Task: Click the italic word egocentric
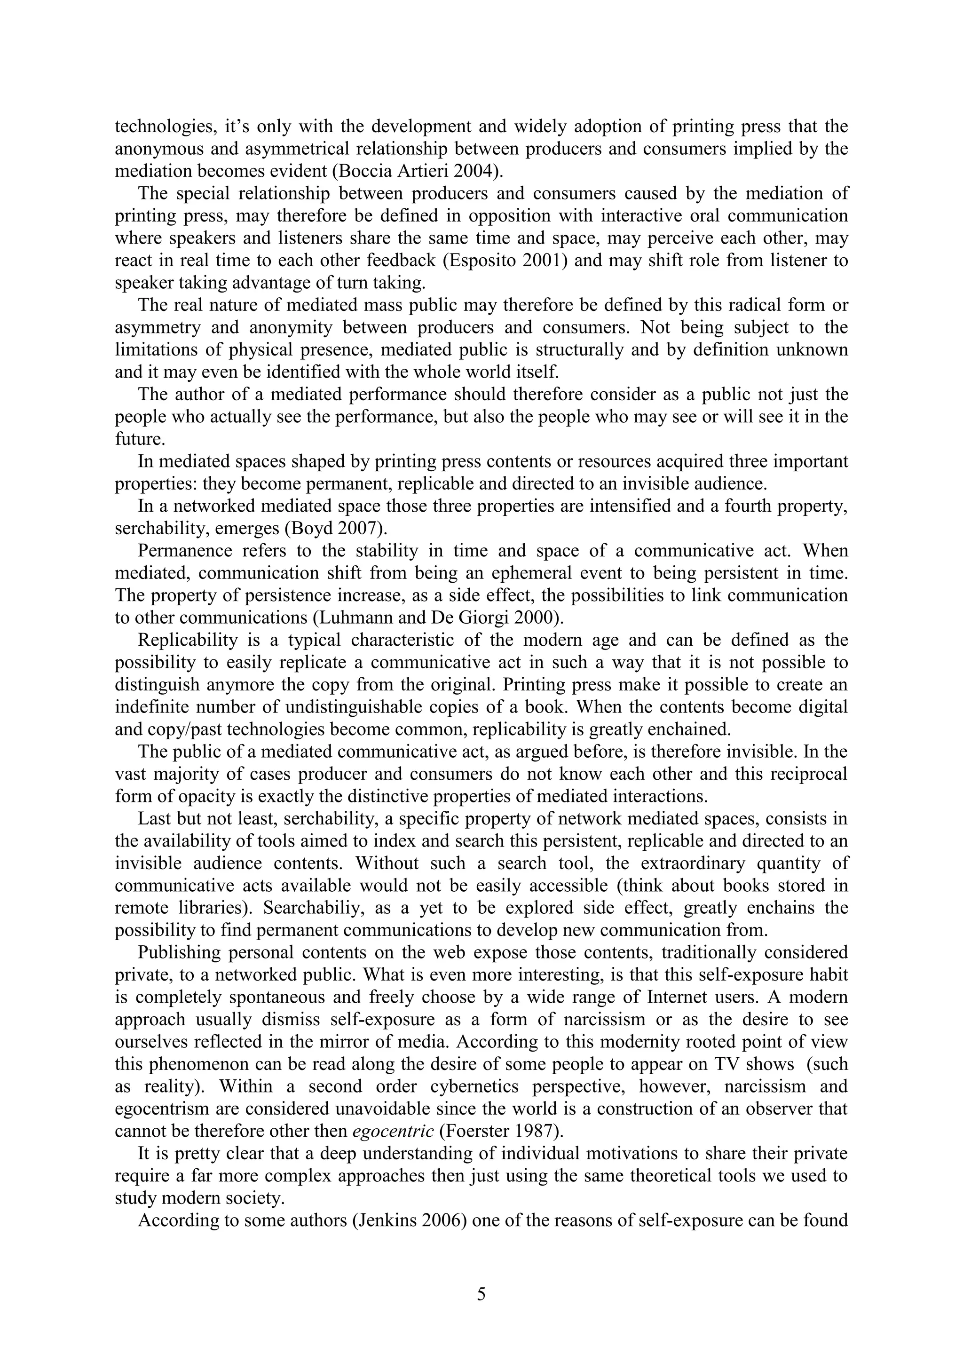click(x=393, y=1131)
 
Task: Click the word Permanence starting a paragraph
click(x=184, y=551)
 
